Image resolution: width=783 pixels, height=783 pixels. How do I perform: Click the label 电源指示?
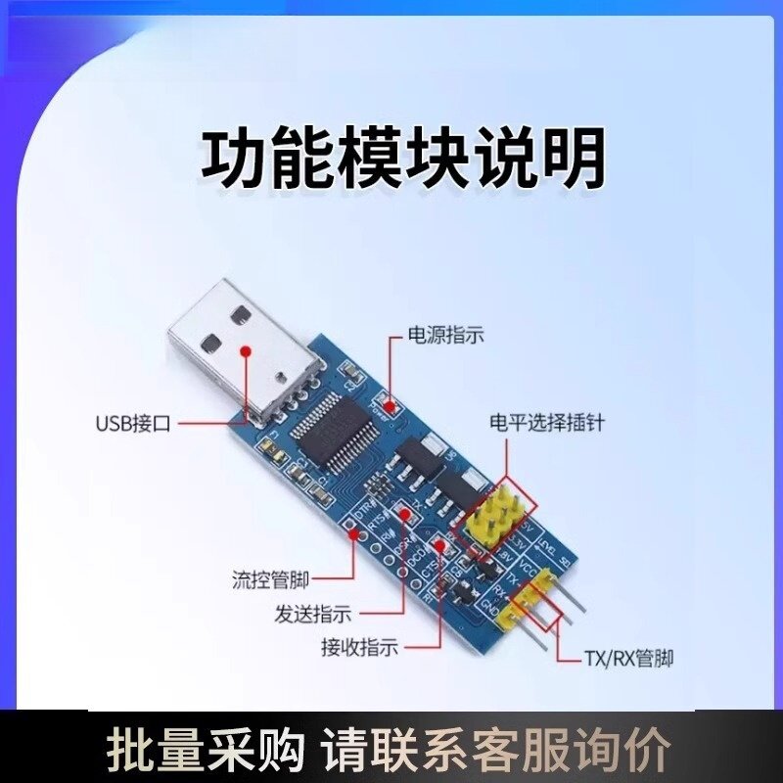[445, 336]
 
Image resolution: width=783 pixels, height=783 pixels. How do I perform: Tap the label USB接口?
[133, 425]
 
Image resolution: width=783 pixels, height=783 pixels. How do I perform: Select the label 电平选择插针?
[547, 423]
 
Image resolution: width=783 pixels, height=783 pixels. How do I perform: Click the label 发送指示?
[312, 615]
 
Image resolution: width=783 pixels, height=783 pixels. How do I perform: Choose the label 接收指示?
[359, 647]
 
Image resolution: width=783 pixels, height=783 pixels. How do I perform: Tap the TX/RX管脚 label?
[628, 658]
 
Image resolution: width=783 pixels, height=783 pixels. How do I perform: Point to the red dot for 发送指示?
[402, 514]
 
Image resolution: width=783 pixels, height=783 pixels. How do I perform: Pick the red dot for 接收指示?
[440, 546]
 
